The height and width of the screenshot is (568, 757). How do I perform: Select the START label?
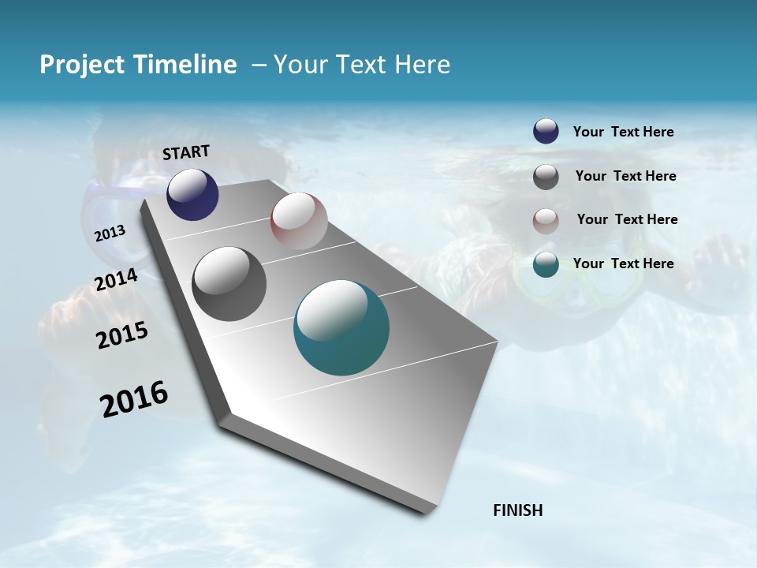(x=186, y=152)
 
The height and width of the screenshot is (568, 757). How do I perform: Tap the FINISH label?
(x=517, y=510)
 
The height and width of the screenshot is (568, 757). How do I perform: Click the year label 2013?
(x=110, y=233)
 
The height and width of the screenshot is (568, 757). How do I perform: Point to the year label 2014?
(x=116, y=280)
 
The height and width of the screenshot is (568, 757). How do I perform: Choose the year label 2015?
(x=122, y=335)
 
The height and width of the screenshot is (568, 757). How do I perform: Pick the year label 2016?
(x=134, y=399)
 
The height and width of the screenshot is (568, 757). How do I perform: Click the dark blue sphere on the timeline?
(x=192, y=194)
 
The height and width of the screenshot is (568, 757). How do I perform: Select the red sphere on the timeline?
(x=299, y=221)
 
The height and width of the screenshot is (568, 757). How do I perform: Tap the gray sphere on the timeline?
(x=229, y=284)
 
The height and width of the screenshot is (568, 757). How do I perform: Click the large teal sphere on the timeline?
(x=341, y=327)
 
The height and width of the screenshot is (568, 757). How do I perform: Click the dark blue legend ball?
(x=546, y=131)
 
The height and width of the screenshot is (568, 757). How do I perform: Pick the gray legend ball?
(x=546, y=177)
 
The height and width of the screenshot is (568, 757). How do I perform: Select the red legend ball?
(x=546, y=220)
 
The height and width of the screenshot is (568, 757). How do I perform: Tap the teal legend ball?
(x=546, y=264)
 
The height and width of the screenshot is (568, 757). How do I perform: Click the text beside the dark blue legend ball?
(x=623, y=132)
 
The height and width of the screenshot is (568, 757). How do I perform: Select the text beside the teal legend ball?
(x=623, y=263)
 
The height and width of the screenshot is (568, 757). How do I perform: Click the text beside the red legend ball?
(x=627, y=219)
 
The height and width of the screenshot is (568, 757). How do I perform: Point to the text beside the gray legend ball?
(x=625, y=176)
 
